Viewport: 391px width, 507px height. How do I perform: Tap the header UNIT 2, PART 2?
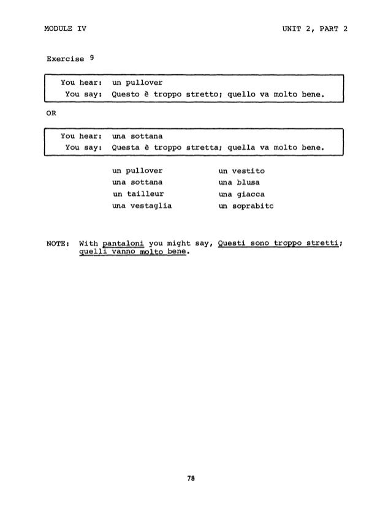[314, 28]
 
